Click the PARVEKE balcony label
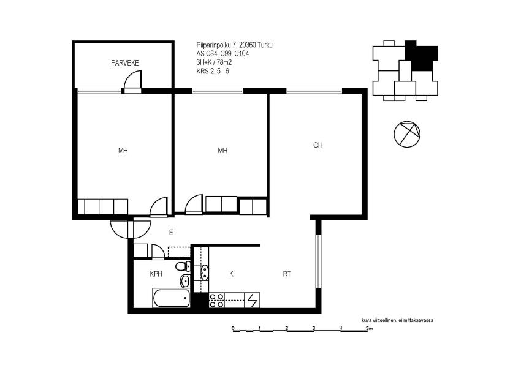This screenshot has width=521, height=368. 126,63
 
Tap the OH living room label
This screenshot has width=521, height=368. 318,145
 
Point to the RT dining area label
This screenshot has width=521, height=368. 286,274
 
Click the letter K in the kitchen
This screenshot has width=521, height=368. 231,274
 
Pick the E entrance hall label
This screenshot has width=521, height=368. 171,232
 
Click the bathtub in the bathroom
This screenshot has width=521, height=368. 170,299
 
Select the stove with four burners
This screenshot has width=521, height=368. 216,300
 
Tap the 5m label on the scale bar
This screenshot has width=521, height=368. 368,329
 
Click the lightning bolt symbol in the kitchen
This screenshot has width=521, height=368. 252,300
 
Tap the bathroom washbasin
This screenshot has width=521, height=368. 185,281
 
